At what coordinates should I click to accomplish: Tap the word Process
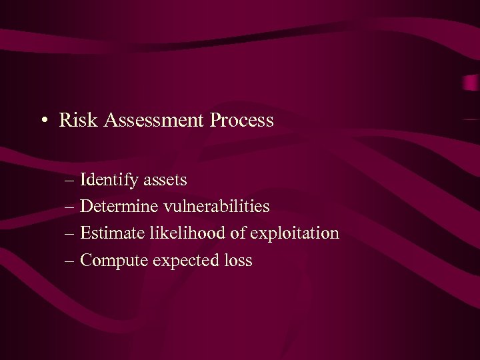tap(242, 121)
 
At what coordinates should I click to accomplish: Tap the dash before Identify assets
tap(70, 181)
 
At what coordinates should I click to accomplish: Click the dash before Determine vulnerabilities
tap(70, 207)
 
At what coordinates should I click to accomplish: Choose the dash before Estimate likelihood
tap(70, 234)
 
